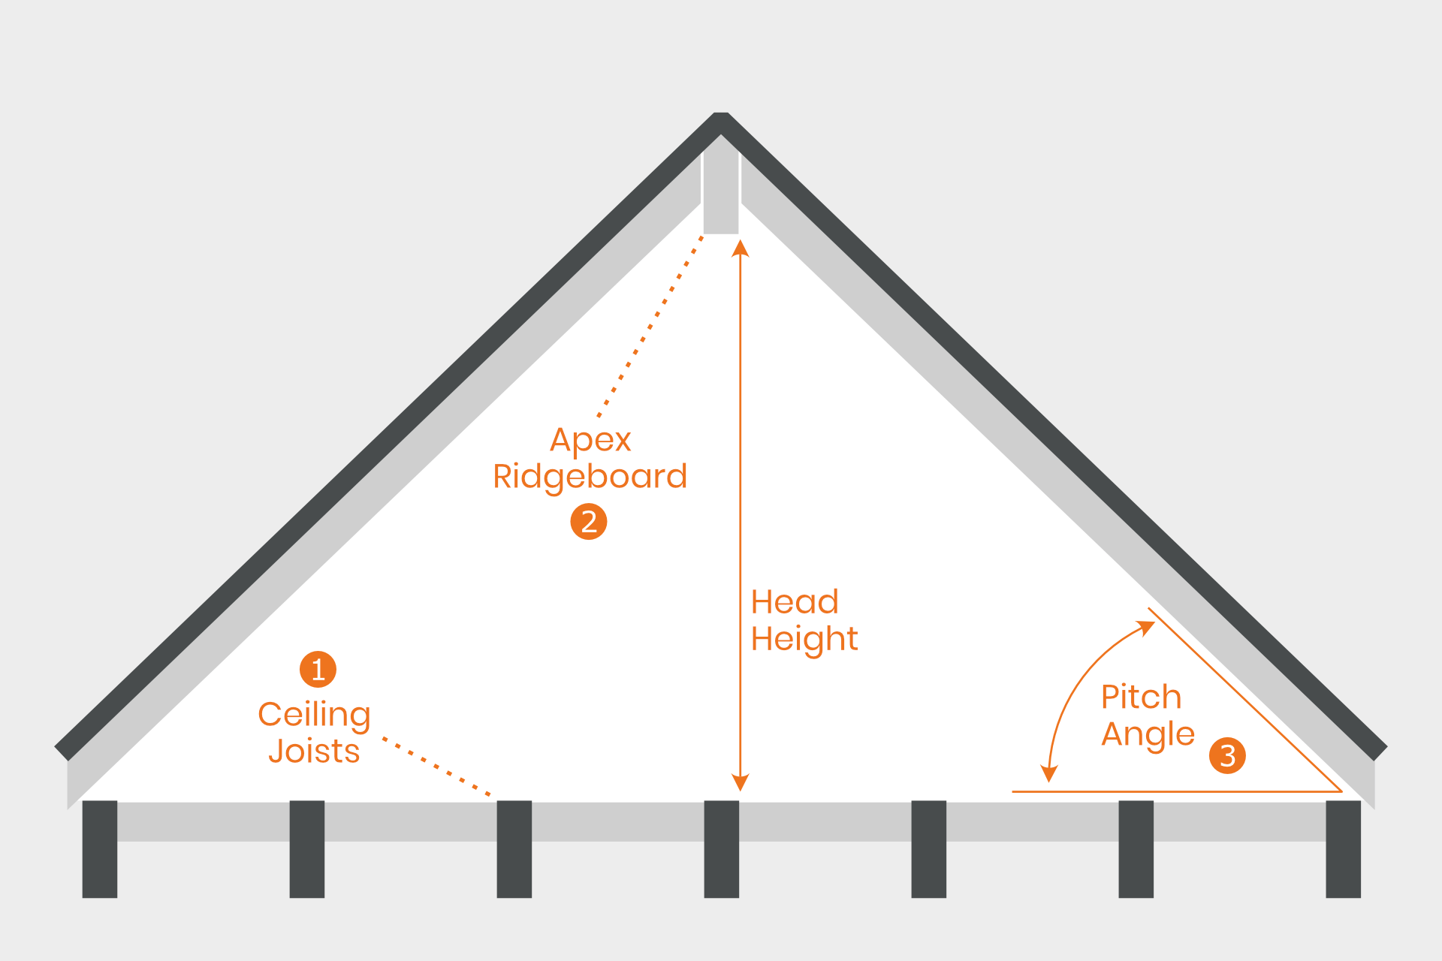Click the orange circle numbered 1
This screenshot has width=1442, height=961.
(x=318, y=669)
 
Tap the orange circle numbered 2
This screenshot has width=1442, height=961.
(x=589, y=522)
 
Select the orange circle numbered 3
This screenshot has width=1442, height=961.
(x=1227, y=755)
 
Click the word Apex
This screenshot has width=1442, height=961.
(x=590, y=440)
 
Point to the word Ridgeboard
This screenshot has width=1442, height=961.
(x=590, y=477)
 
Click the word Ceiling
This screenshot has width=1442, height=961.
(x=314, y=715)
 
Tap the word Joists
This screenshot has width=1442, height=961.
(x=314, y=752)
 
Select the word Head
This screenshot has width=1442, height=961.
(x=795, y=602)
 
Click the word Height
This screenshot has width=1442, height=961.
(x=804, y=640)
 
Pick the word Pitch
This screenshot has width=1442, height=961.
(x=1141, y=697)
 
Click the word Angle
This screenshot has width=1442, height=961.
(x=1148, y=734)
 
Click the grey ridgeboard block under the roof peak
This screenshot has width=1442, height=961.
(x=721, y=195)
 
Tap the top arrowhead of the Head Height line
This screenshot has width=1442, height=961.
(x=741, y=249)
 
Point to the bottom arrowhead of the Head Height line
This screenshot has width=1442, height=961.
(x=741, y=782)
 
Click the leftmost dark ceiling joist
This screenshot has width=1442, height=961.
(x=100, y=848)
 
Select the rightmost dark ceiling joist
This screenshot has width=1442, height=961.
(x=1343, y=848)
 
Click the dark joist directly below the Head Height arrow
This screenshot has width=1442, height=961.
(x=722, y=848)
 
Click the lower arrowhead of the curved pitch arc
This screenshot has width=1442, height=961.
(x=1048, y=774)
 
